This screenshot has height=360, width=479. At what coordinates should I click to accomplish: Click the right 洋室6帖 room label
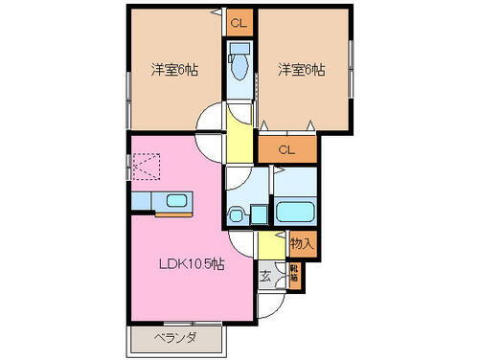click(300, 70)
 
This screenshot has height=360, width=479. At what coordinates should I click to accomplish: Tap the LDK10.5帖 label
click(192, 263)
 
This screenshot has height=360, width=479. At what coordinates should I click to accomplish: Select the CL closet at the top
click(239, 21)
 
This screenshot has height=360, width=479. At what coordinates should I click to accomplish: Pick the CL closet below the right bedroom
click(285, 149)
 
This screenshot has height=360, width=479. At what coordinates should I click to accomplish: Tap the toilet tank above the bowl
click(239, 47)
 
